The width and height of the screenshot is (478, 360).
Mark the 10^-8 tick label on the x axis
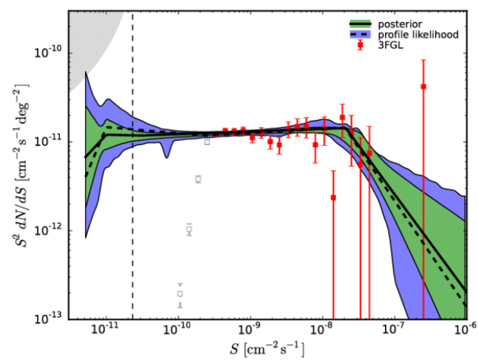pyautogui.click(x=322, y=329)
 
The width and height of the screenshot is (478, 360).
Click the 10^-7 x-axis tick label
pyautogui.click(x=394, y=329)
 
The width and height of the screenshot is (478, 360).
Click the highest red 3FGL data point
pyautogui.click(x=424, y=86)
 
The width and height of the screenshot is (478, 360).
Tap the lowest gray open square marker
pyautogui.click(x=180, y=294)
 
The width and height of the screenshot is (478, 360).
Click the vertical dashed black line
pyautogui.click(x=133, y=214)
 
